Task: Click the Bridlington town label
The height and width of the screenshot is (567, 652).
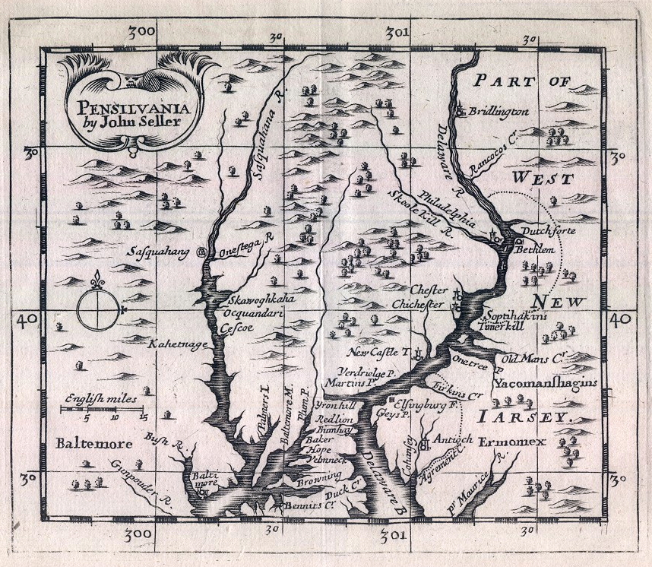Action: point(498,112)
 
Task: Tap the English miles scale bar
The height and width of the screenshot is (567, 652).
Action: point(103,410)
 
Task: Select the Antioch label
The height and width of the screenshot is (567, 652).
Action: point(453,439)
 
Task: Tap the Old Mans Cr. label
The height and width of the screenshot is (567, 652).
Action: point(535,356)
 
